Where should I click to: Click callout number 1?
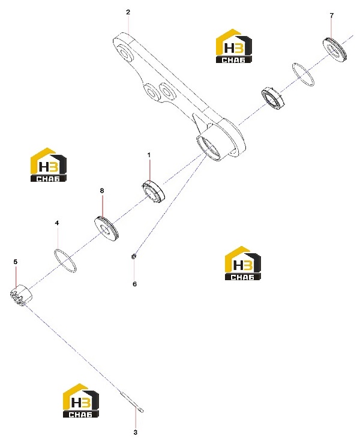pos(149,155)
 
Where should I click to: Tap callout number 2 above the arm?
pos(128,12)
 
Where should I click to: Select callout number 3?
pos(135,432)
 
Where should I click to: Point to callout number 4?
pos(57,223)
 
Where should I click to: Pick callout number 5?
pos(16,262)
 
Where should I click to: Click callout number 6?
pos(135,284)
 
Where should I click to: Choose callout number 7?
pos(332,16)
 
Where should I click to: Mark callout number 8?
pos(102,191)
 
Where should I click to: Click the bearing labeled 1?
pos(153,191)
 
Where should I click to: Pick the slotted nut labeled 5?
pos(21,295)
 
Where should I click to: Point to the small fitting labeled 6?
pos(134,256)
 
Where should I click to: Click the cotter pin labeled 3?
pos(131,402)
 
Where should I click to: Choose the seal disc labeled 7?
pos(335,49)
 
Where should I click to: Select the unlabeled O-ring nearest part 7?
pos(293,67)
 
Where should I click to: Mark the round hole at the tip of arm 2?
pos(124,53)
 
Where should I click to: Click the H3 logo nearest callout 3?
pos(81,400)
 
